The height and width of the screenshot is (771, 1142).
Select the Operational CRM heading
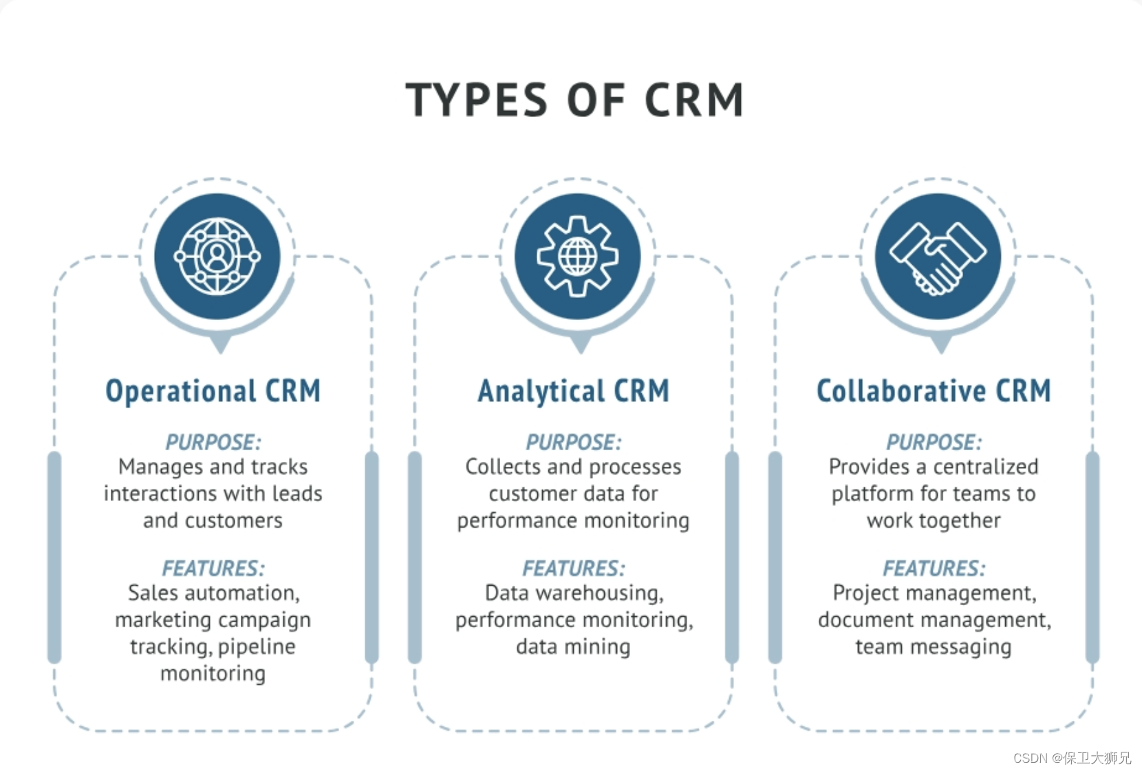(x=213, y=391)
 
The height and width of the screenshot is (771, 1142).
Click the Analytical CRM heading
(x=573, y=391)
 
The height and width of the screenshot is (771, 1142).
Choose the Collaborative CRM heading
(x=934, y=391)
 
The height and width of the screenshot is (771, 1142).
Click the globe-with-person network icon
(x=217, y=256)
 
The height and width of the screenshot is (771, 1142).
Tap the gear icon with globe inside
(x=578, y=256)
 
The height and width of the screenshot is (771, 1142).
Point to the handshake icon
(x=938, y=256)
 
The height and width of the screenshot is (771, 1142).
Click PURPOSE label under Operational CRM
(x=213, y=442)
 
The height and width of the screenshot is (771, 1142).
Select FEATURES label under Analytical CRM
(x=573, y=568)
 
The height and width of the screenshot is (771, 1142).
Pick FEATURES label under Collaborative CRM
(x=934, y=568)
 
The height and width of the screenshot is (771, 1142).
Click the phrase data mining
(x=573, y=647)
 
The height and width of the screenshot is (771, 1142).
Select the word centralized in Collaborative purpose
(x=986, y=467)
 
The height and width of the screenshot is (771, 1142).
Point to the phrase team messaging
(x=934, y=647)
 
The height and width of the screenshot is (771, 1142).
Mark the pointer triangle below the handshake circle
(x=940, y=344)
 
